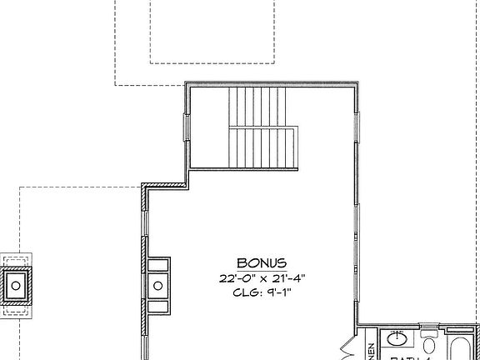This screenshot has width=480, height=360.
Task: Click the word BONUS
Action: tap(262, 262)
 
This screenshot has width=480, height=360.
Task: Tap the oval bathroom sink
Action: tap(397, 341)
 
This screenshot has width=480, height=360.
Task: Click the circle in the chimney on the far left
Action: tap(16, 285)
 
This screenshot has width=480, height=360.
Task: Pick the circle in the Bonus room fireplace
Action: tap(158, 286)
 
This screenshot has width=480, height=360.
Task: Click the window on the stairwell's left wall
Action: tap(187, 128)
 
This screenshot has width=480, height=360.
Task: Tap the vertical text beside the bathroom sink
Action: tap(371, 349)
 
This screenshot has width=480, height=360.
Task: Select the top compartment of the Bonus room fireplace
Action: tap(157, 266)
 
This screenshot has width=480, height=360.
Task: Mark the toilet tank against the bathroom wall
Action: tap(429, 336)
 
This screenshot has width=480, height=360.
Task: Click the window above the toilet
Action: tap(429, 327)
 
